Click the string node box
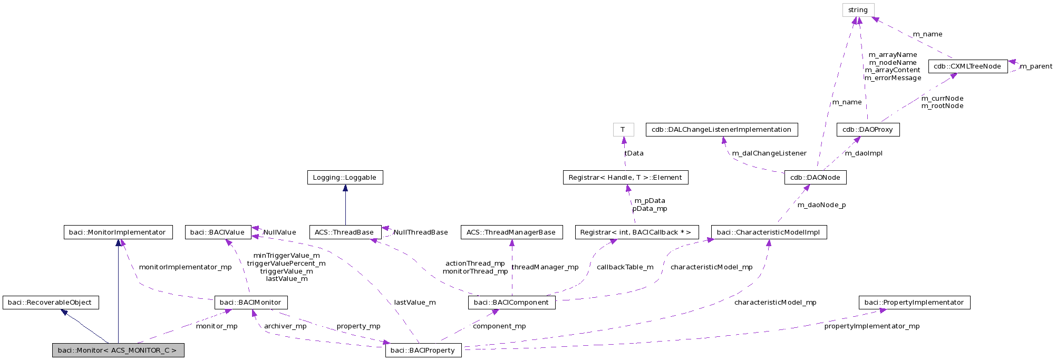(x=858, y=10)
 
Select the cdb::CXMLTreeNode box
(x=967, y=66)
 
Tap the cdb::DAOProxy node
(x=868, y=130)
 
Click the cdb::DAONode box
(x=815, y=178)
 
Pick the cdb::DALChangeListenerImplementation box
(x=721, y=130)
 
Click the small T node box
(x=623, y=130)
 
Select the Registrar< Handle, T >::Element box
(x=625, y=178)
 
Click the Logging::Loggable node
(x=345, y=178)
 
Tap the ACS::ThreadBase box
(x=345, y=232)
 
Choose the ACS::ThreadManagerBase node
(x=511, y=232)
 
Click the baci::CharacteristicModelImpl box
(x=769, y=232)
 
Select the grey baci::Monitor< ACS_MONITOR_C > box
(x=118, y=351)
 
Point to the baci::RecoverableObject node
(x=51, y=303)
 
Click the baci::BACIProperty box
(x=423, y=351)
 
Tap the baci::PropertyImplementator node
(x=914, y=303)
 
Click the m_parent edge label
(x=1036, y=66)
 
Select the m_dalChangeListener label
(x=769, y=153)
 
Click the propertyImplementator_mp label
(x=872, y=326)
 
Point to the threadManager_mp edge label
(x=545, y=267)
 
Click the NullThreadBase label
(x=421, y=232)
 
